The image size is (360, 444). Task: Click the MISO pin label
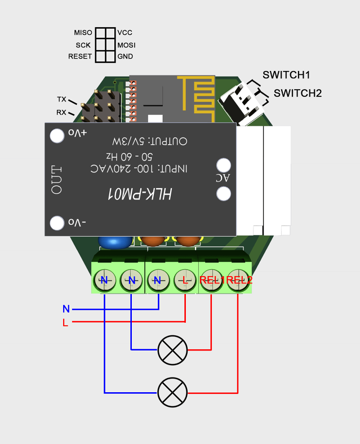click(83, 33)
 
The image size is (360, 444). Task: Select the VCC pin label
click(125, 33)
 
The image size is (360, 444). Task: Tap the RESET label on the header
click(79, 56)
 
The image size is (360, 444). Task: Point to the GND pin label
click(125, 56)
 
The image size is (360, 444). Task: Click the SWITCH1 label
click(286, 75)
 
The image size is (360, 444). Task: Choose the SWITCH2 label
click(297, 93)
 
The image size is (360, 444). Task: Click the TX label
click(61, 99)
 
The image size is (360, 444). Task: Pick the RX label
click(61, 113)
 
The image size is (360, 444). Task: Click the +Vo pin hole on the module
click(57, 136)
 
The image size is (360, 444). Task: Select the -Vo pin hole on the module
click(57, 223)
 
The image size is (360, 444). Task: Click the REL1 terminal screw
click(211, 279)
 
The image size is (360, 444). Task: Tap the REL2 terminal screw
click(238, 279)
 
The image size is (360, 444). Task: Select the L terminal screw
click(184, 279)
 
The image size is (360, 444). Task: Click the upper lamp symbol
click(172, 350)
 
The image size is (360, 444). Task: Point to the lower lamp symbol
click(172, 392)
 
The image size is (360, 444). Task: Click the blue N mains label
click(66, 309)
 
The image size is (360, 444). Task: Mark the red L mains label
click(66, 322)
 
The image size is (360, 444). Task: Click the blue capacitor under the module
click(115, 242)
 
